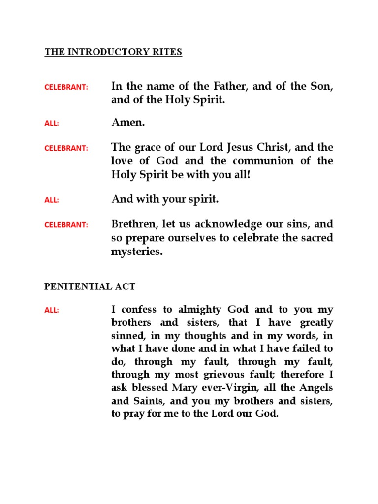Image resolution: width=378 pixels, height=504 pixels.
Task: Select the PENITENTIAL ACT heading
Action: [x=90, y=286]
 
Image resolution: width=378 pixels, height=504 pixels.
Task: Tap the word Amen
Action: [x=128, y=123]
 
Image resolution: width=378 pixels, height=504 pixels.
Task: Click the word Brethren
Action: [x=134, y=224]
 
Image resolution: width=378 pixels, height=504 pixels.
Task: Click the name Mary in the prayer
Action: [x=193, y=387]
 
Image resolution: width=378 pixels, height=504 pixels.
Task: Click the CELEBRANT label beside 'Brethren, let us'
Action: [x=66, y=225]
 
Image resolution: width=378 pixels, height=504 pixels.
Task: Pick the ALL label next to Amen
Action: [x=52, y=123]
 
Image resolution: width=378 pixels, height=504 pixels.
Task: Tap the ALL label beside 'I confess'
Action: [x=52, y=310]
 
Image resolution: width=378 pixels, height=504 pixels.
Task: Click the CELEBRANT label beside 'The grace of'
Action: [x=66, y=148]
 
